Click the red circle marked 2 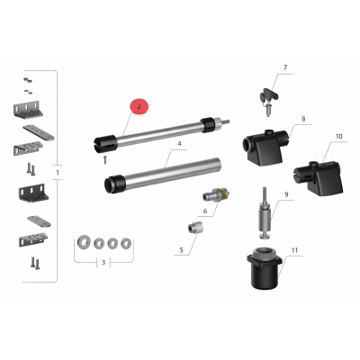tap(139, 106)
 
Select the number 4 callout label tap(179, 144)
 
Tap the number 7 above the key tap(285, 67)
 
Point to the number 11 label tap(294, 250)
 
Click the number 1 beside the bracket tap(58, 173)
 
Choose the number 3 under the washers tap(103, 263)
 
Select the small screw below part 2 tap(105, 160)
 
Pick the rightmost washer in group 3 tap(126, 243)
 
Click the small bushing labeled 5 tap(195, 229)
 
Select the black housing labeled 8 tap(265, 147)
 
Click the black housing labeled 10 tap(319, 178)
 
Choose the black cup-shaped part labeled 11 tap(265, 268)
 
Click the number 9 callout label tap(286, 194)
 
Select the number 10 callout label tap(338, 137)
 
